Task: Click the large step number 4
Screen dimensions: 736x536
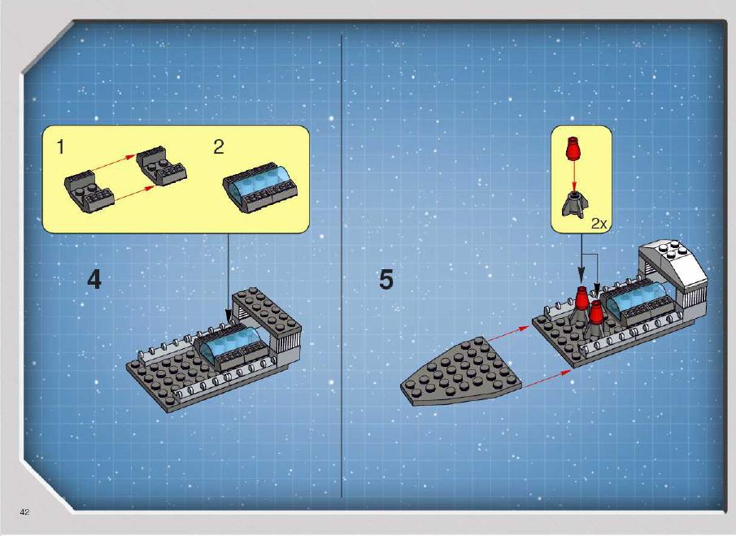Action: point(94,280)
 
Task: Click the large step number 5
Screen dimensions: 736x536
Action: point(385,280)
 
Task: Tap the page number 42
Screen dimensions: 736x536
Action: point(24,512)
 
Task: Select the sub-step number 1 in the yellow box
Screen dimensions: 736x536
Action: point(60,147)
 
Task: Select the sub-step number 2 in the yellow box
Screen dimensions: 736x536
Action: point(218,147)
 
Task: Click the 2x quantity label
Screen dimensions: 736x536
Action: point(599,224)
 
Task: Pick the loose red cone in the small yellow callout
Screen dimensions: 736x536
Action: point(573,149)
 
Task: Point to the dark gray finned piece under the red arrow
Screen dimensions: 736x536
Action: point(575,204)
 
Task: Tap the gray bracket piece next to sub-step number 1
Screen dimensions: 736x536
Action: point(89,191)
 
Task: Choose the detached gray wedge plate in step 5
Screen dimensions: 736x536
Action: point(460,371)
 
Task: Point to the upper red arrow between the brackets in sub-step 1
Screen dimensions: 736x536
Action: point(113,163)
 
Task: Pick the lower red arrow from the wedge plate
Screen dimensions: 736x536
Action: point(547,378)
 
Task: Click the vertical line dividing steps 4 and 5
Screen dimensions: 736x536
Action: point(342,265)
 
